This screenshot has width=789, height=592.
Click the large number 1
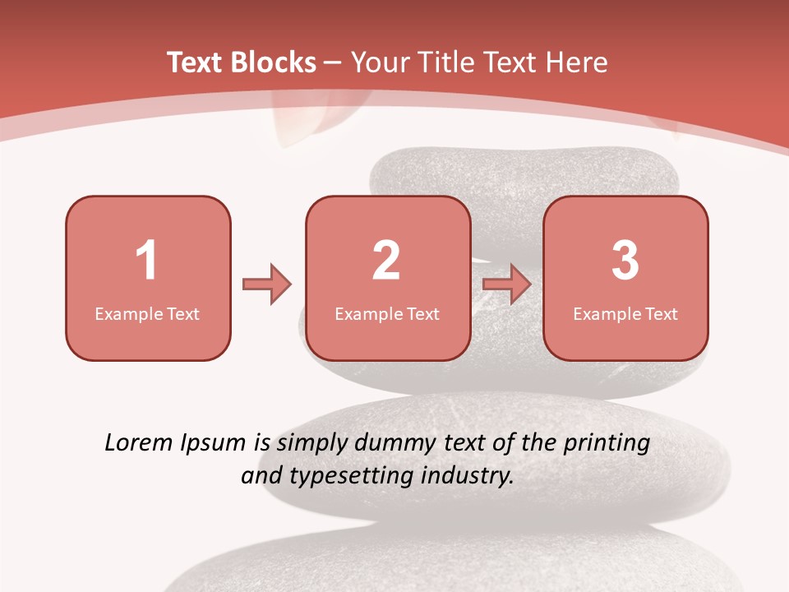146,261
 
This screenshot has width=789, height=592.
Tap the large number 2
386,261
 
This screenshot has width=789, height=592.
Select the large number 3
625,261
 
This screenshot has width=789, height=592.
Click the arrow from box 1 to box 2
267,284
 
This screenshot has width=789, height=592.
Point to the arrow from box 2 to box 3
507,284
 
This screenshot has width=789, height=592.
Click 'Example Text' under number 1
147,313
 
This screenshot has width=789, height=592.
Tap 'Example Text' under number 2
387,313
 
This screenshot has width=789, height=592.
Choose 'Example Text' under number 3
625,313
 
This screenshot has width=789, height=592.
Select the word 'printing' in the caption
607,444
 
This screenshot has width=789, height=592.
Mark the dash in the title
333,62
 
